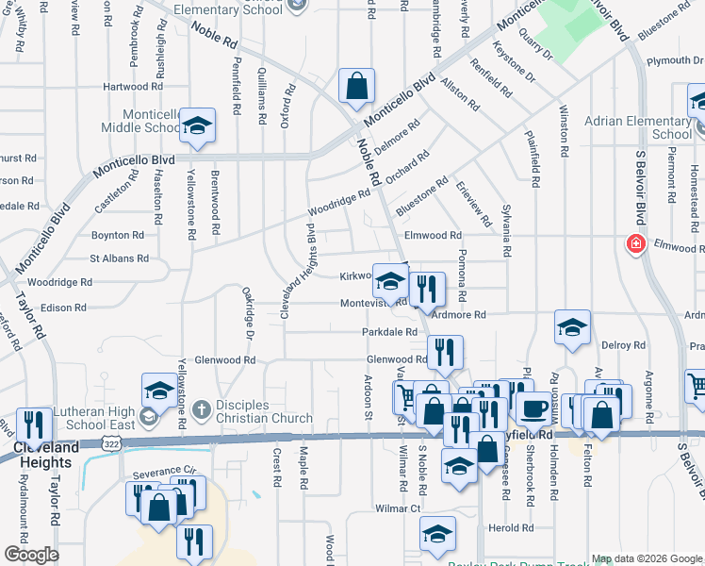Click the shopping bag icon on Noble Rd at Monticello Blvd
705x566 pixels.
(x=357, y=87)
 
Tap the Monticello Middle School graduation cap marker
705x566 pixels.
(x=198, y=125)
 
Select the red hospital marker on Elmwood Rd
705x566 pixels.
(x=636, y=244)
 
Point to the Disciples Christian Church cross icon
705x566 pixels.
(x=200, y=410)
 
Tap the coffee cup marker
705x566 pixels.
(x=534, y=409)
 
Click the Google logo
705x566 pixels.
(x=31, y=555)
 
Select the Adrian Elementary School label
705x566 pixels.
(x=638, y=127)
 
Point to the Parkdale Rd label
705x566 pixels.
(x=389, y=332)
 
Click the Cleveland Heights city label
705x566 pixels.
(x=43, y=455)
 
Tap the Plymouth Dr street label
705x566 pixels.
(x=674, y=60)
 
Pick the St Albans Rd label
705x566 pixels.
(x=119, y=258)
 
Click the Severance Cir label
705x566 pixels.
(x=162, y=469)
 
